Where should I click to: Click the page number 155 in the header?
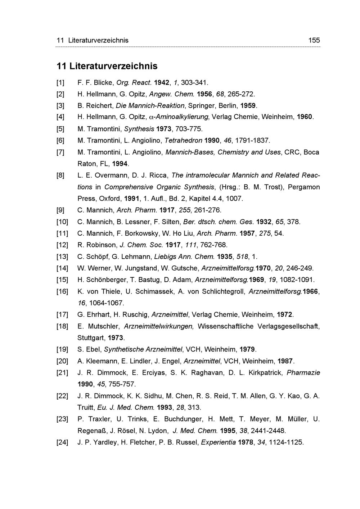[x=314, y=40]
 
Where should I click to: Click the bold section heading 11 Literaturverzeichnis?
[x=107, y=66]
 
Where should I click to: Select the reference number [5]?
[x=60, y=129]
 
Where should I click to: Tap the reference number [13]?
[x=62, y=257]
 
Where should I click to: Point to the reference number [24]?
[x=62, y=442]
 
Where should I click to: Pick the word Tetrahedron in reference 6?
[x=183, y=140]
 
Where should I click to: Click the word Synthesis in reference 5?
[x=139, y=129]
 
